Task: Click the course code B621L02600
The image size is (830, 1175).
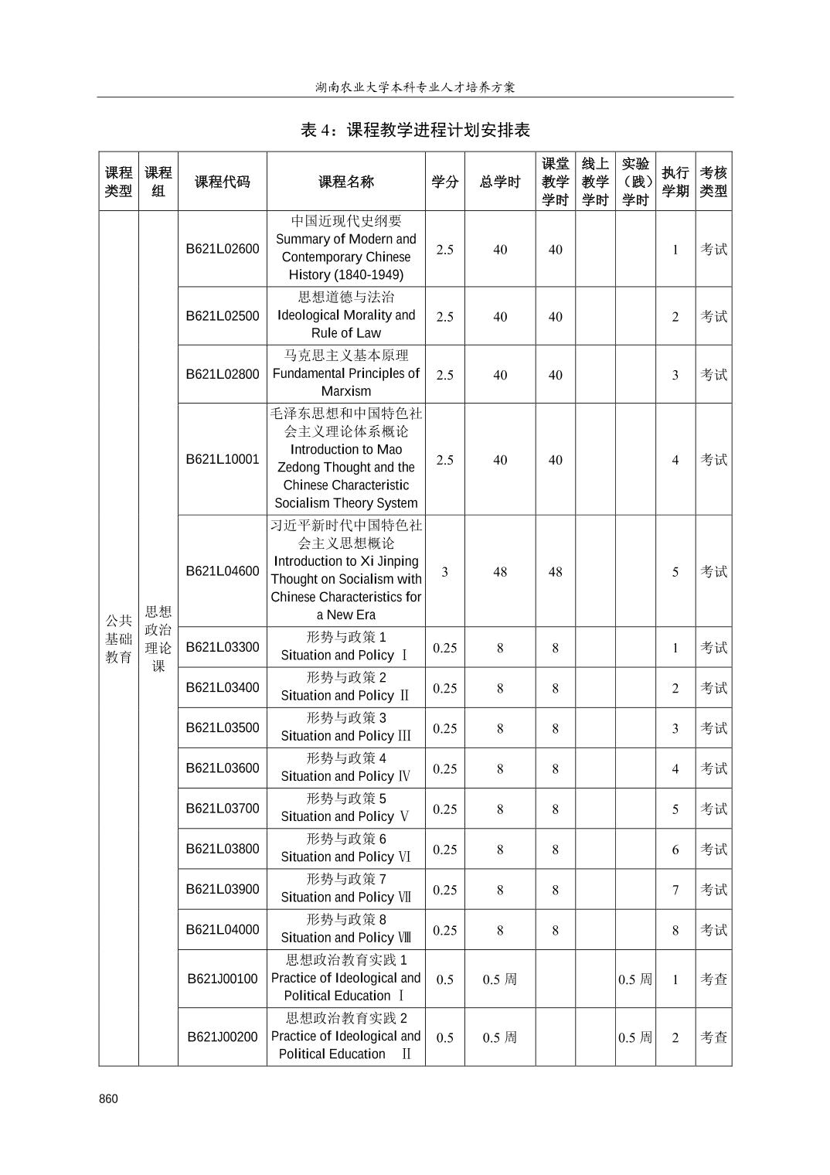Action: click(223, 249)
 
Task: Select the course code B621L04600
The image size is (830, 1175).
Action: click(223, 571)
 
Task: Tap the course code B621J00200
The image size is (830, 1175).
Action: click(223, 1037)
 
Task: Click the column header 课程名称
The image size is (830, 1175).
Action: click(345, 182)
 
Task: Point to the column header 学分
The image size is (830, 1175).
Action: click(444, 182)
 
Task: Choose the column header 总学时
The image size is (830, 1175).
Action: click(500, 182)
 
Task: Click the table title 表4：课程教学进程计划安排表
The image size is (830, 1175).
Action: click(415, 130)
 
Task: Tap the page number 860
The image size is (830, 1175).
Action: click(109, 1099)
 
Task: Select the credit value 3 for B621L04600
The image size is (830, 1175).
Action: click(444, 572)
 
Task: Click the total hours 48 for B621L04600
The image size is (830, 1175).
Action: click(500, 572)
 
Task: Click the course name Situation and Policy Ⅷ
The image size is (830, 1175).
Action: click(345, 938)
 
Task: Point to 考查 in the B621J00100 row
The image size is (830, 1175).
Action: click(713, 979)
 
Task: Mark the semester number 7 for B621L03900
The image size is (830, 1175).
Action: click(675, 890)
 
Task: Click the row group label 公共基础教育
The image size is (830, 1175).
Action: click(118, 639)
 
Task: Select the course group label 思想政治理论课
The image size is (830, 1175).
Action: click(158, 639)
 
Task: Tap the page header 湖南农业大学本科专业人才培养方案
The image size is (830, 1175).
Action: click(415, 87)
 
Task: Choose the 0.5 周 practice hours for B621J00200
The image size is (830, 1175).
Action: click(635, 1037)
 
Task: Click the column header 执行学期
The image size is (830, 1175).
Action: click(675, 182)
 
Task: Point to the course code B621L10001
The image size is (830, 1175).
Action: click(223, 459)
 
